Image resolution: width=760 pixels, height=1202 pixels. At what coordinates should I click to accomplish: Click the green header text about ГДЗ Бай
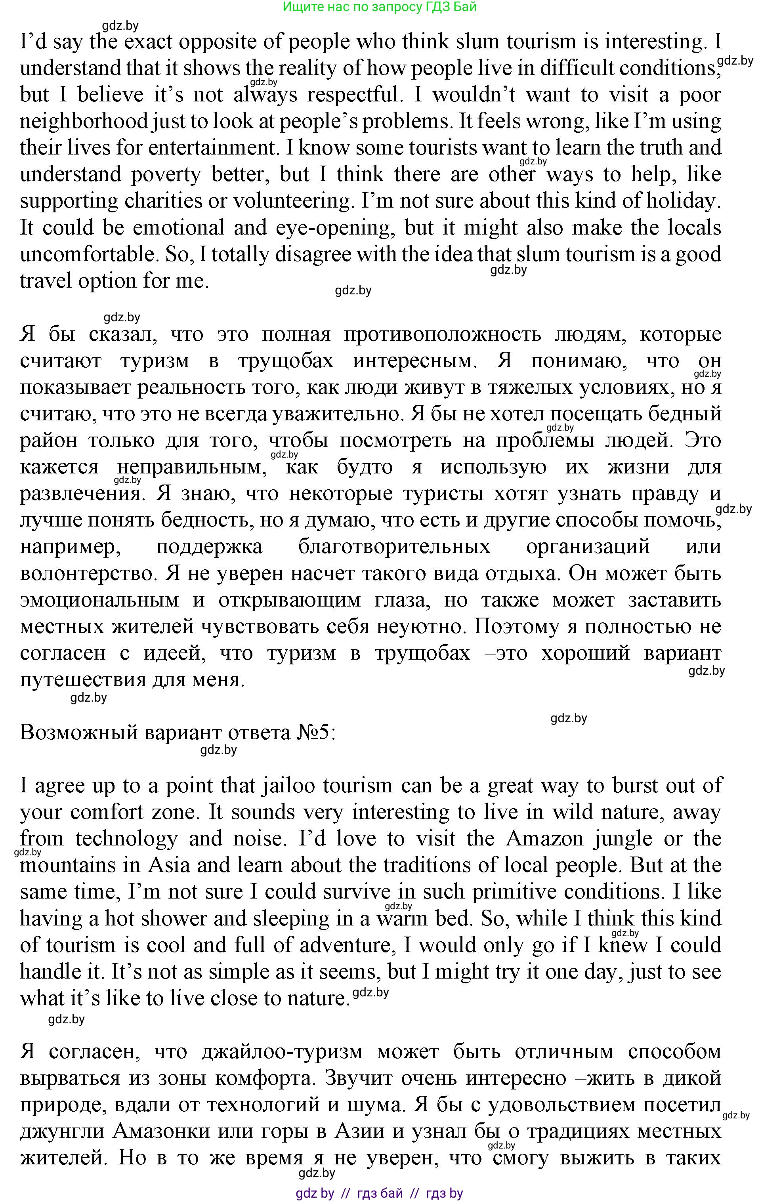(x=380, y=7)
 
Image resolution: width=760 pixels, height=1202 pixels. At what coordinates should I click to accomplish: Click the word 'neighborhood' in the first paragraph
(x=84, y=121)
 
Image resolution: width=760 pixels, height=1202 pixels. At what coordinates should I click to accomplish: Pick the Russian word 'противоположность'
(x=442, y=334)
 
